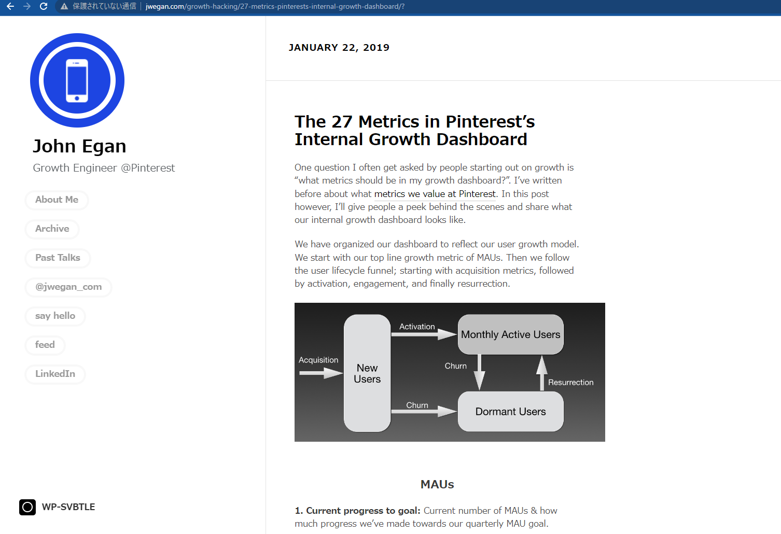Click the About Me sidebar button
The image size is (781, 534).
tap(57, 200)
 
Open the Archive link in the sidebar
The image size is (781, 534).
tap(52, 229)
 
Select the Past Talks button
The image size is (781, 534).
tap(58, 258)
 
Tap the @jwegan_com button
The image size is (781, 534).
tap(68, 287)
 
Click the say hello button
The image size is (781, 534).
tap(55, 316)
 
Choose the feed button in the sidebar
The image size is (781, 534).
tap(45, 345)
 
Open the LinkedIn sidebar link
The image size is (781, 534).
tap(55, 374)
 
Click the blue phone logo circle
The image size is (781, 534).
tap(77, 80)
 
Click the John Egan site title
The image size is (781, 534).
tap(79, 146)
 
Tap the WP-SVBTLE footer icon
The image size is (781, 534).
tap(27, 507)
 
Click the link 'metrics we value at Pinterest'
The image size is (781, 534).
tap(435, 194)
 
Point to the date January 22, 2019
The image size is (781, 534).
tap(339, 48)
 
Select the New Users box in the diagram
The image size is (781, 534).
tap(367, 373)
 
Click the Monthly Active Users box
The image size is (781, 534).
tap(510, 335)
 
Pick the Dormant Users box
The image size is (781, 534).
tap(510, 412)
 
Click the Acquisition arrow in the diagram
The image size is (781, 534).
tap(321, 373)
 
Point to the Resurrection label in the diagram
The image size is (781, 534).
tap(570, 383)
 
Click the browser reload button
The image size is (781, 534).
tap(44, 6)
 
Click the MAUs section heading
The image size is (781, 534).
tap(437, 484)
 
